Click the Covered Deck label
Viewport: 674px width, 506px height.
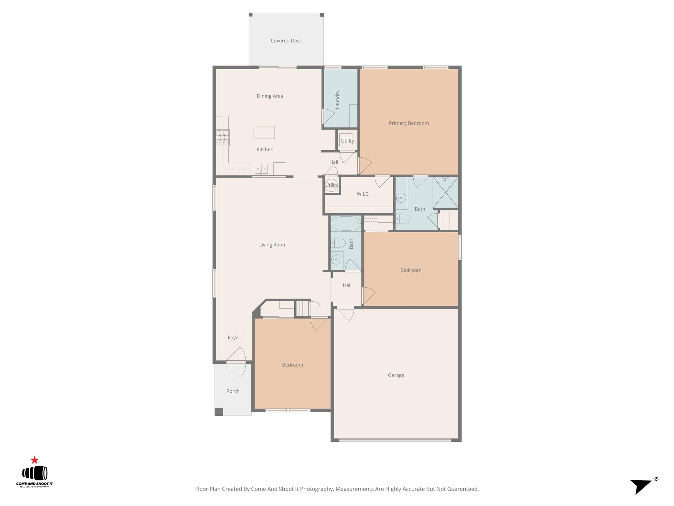[x=286, y=41]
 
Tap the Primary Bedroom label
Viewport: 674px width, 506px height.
[x=409, y=123]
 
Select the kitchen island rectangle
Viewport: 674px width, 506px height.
[x=264, y=132]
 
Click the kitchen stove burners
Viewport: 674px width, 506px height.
[x=223, y=138]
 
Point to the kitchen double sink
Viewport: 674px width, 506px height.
[x=261, y=169]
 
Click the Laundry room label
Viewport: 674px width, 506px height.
[x=337, y=99]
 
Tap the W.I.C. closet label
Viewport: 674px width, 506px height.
[x=363, y=194]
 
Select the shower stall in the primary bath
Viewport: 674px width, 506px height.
[x=445, y=192]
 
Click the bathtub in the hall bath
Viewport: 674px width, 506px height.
[x=346, y=223]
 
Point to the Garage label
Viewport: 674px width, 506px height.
[x=396, y=375]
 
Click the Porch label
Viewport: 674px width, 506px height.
[x=233, y=391]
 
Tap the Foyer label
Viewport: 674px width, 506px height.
[x=234, y=337]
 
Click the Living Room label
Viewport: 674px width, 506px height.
[x=272, y=245]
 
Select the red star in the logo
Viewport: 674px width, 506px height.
[x=35, y=460]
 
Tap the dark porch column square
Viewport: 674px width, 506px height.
[x=219, y=411]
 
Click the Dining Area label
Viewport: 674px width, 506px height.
[x=270, y=96]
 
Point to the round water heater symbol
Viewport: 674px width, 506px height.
[x=331, y=185]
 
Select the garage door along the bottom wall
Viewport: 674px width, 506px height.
[x=395, y=440]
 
